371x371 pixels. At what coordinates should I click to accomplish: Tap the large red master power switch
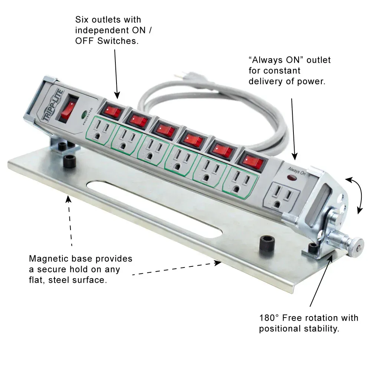click(x=67, y=110)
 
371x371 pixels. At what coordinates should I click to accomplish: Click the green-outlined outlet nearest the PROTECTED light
click(x=101, y=131)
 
